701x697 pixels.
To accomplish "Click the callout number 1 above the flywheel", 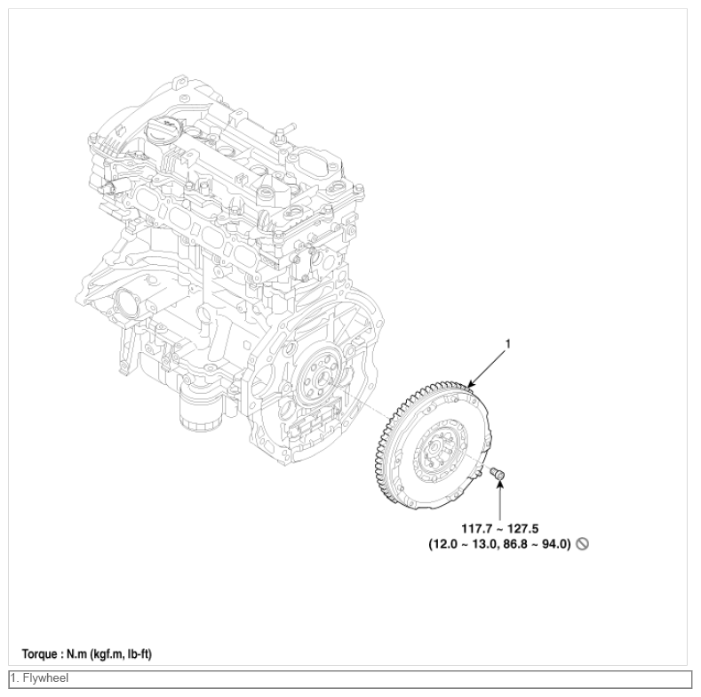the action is [x=507, y=343].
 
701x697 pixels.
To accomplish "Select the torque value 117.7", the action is [x=476, y=529].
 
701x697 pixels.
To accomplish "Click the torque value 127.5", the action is [x=523, y=529].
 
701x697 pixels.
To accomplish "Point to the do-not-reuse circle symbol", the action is [x=582, y=544].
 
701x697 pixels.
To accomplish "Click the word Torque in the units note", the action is [x=40, y=654].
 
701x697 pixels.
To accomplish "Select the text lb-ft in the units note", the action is [x=139, y=654].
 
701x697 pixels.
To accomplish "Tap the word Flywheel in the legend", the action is [x=45, y=678].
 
